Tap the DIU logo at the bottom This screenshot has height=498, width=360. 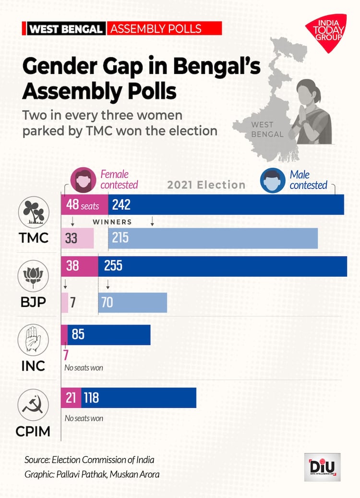click(322, 466)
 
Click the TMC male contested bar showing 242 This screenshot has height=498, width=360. click(226, 205)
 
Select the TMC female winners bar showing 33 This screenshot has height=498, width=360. click(77, 238)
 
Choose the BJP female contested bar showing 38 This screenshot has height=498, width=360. click(80, 266)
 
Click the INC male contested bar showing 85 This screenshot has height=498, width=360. click(109, 334)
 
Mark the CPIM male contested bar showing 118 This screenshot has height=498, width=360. click(139, 398)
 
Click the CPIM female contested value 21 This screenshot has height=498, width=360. click(71, 398)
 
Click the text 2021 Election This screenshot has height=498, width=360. click(206, 185)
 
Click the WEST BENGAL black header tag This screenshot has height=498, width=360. click(66, 28)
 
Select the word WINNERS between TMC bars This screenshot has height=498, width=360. click(112, 222)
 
